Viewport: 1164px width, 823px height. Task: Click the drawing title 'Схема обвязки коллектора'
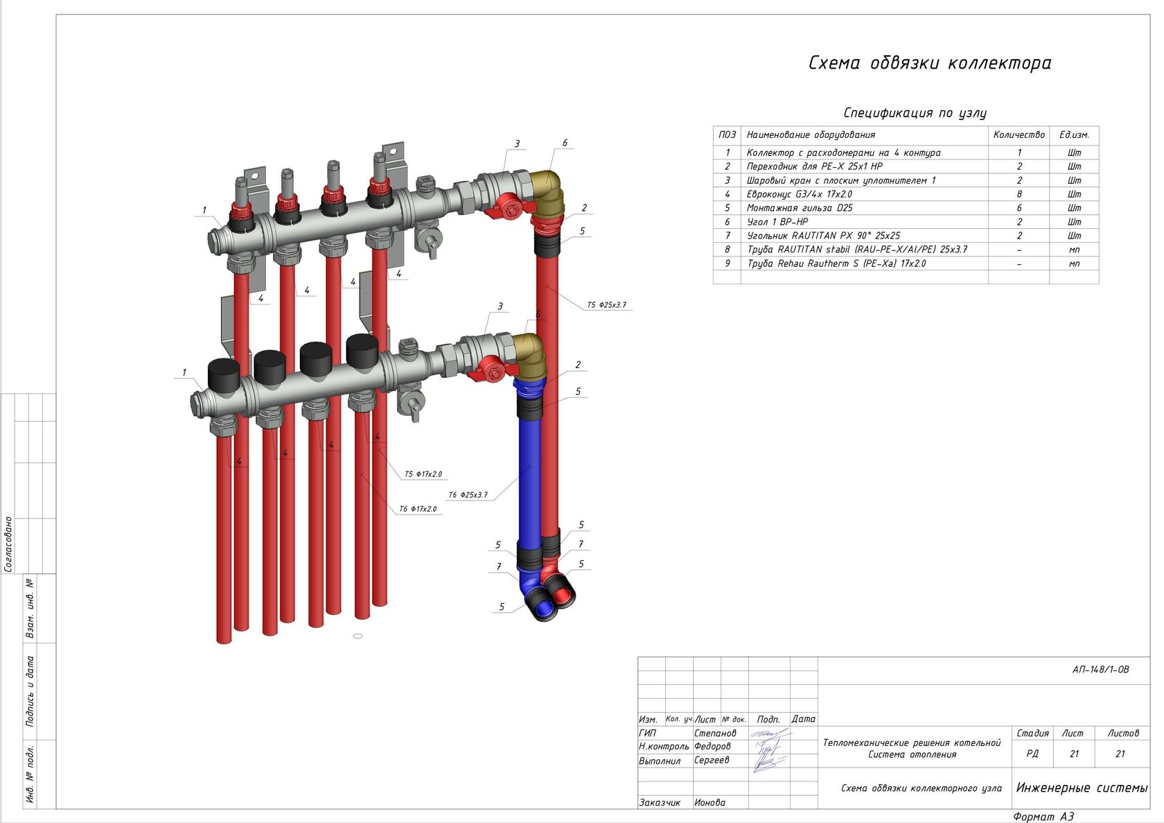[929, 63]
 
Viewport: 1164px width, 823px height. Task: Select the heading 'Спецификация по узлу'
[915, 113]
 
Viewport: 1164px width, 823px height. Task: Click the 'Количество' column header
[1018, 135]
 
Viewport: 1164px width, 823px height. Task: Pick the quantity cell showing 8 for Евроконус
[1018, 194]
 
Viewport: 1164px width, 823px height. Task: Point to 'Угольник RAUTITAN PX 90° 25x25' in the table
[823, 236]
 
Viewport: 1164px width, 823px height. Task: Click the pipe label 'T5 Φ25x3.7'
[606, 305]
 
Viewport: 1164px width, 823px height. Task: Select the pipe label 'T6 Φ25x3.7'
[468, 495]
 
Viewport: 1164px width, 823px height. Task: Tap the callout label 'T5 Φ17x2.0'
[423, 474]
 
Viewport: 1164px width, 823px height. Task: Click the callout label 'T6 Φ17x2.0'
[418, 509]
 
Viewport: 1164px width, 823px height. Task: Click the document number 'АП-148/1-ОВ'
[1100, 670]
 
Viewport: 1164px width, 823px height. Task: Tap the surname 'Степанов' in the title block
[715, 733]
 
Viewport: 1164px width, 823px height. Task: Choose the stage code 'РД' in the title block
[1032, 754]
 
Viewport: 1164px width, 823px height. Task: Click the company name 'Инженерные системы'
[1082, 788]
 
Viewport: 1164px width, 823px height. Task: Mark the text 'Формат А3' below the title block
[1043, 817]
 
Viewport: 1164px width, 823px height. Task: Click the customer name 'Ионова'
[709, 802]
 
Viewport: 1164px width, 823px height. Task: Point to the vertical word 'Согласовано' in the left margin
[8, 544]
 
